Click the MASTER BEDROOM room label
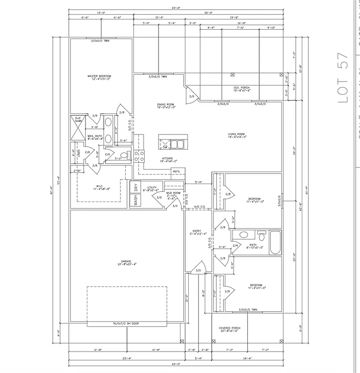pos(99,78)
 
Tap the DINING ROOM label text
pos(165,105)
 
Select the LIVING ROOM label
pos(237,136)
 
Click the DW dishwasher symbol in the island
pos(165,146)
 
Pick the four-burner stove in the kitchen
pos(139,156)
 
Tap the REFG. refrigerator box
pos(177,171)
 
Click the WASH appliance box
pos(136,201)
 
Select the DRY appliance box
pos(136,186)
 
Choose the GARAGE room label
pos(126,263)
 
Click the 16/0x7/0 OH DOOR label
pos(125,323)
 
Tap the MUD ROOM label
pos(173,194)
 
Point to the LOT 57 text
pos(343,77)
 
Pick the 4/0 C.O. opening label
pos(199,207)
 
